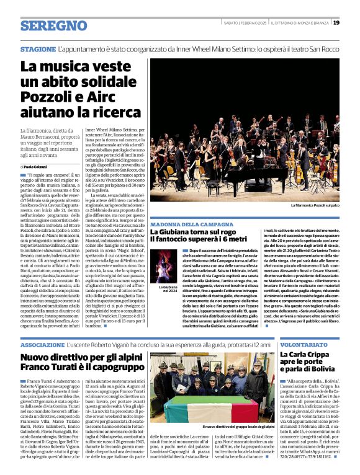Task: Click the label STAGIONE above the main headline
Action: tap(38, 48)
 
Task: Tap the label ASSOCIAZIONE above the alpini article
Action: tap(42, 344)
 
